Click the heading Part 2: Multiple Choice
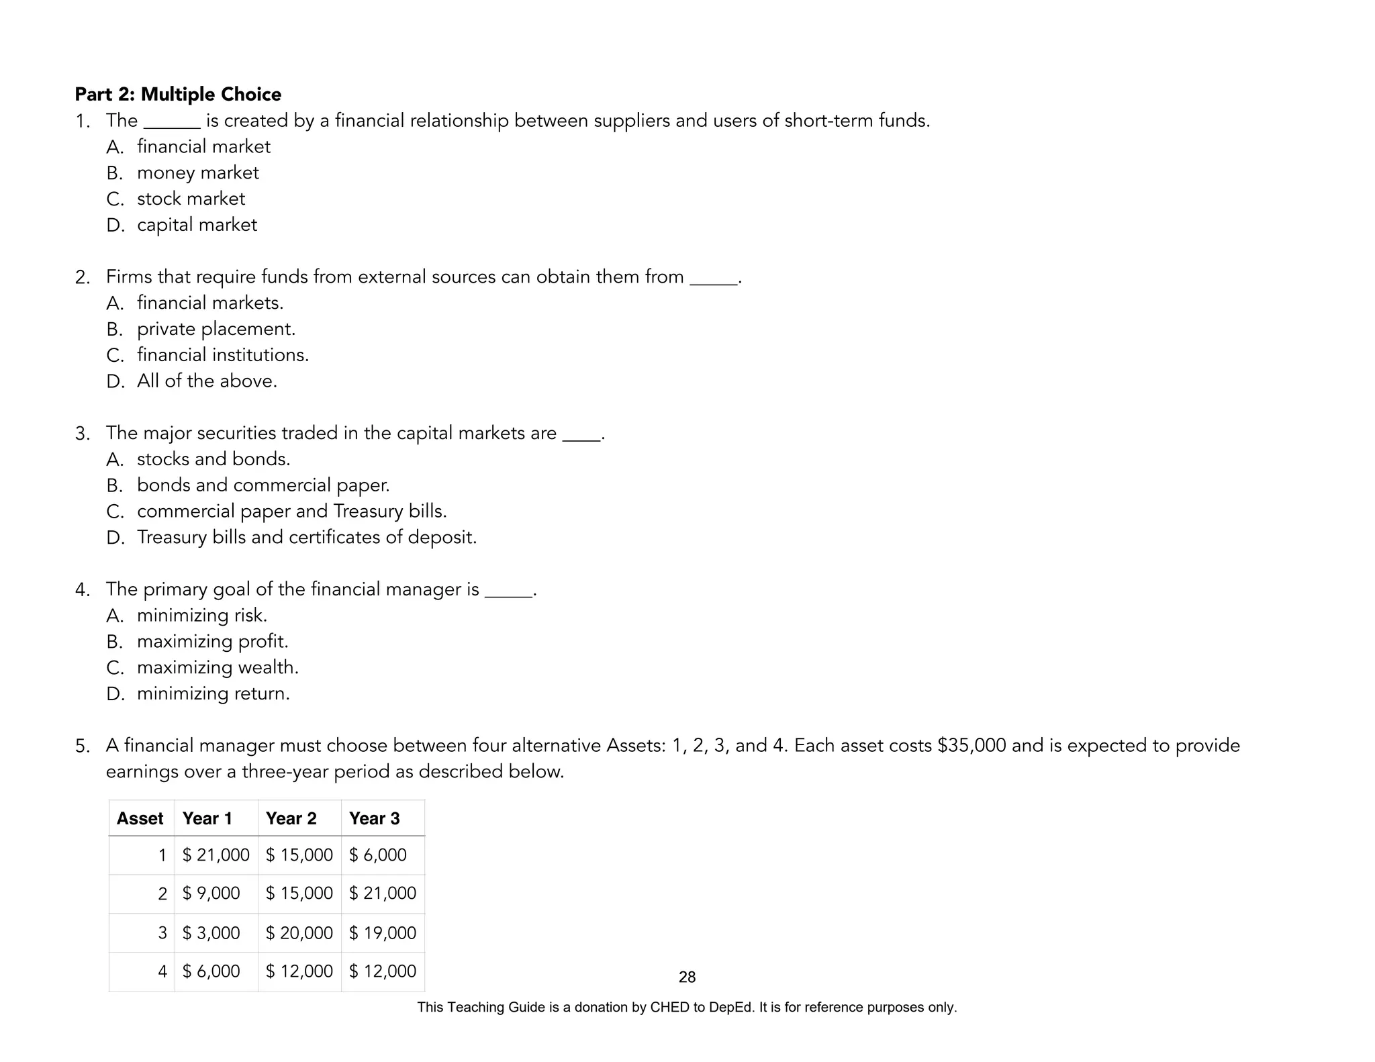point(178,94)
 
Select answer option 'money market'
point(197,173)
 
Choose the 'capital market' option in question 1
point(197,225)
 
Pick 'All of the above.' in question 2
point(207,381)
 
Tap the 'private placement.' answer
point(216,329)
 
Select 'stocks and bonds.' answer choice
point(214,459)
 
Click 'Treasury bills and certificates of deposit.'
point(307,538)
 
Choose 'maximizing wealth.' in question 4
point(218,668)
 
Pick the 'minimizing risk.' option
point(202,616)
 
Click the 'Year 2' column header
point(291,818)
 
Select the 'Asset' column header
point(140,818)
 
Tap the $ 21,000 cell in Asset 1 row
point(216,855)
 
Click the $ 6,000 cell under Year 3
point(378,855)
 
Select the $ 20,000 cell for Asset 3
point(299,933)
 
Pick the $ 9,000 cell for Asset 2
point(211,894)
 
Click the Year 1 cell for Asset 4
point(211,971)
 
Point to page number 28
point(687,977)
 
